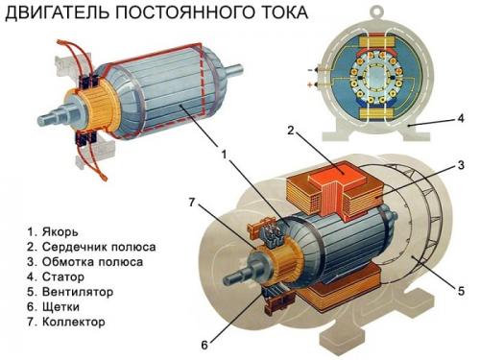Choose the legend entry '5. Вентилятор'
click(66, 292)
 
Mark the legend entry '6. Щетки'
click(52, 307)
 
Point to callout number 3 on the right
click(460, 165)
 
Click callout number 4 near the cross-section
click(460, 120)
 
